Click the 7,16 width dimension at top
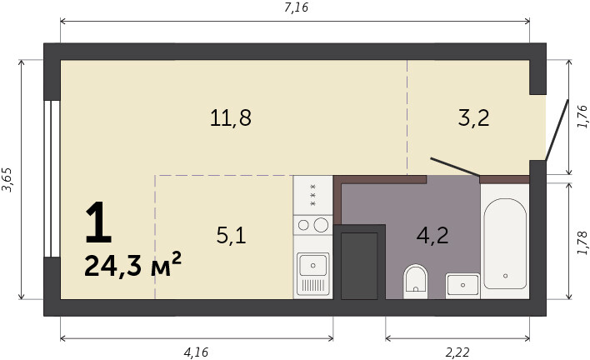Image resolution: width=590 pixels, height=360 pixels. tap(296, 7)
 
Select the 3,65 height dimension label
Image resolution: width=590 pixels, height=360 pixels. tap(7, 179)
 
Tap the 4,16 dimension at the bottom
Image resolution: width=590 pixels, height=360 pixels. tap(196, 352)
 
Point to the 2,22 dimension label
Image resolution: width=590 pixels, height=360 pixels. tap(457, 352)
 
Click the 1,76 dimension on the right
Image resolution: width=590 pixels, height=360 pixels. tap(582, 117)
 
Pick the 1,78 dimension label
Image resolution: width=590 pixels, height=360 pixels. tap(582, 243)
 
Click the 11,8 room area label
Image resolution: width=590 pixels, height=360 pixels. tap(230, 117)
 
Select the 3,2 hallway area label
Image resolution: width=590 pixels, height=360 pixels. tap(473, 117)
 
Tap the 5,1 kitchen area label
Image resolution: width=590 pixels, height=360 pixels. tap(231, 236)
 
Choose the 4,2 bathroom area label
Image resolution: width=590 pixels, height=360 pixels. tap(432, 236)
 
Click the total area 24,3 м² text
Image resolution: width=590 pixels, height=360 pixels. tap(132, 265)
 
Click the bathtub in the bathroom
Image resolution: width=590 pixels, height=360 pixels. tap(505, 244)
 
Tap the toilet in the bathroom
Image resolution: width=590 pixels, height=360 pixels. tap(415, 282)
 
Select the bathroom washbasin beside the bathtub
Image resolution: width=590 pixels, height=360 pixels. tap(462, 286)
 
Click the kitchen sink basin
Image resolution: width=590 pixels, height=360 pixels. tap(312, 265)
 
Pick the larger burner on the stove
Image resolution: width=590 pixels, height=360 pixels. tap(321, 225)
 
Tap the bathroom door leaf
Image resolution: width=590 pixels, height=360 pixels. tap(455, 167)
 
